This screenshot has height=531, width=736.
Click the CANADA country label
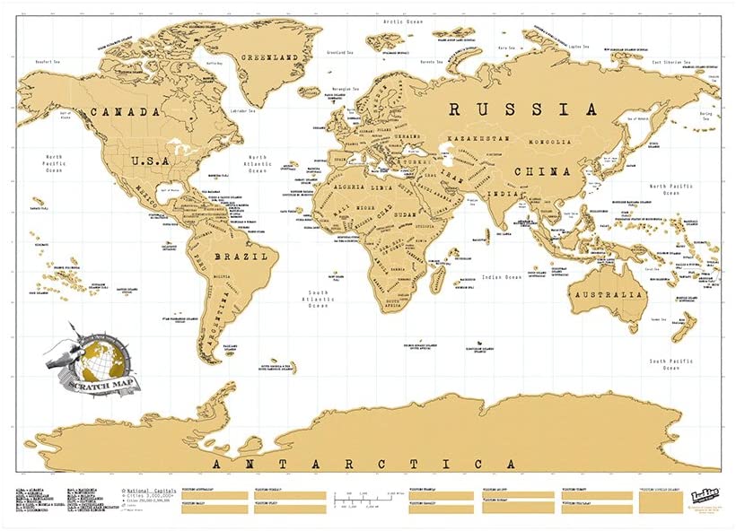[x=125, y=113]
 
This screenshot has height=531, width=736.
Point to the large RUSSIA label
[x=522, y=109]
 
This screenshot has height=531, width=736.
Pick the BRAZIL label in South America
[x=241, y=256]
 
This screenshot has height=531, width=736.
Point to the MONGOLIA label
[x=549, y=143]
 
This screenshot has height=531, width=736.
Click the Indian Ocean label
[x=500, y=277]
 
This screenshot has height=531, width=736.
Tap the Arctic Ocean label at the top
[x=403, y=20]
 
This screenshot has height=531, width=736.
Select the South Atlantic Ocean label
[x=320, y=298]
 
